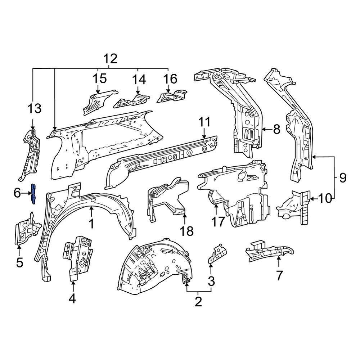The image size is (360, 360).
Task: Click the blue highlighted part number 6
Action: click(x=33, y=193)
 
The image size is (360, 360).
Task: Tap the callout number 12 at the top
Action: click(x=111, y=59)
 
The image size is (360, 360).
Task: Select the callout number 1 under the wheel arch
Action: click(x=91, y=224)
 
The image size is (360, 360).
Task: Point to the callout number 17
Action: click(x=218, y=221)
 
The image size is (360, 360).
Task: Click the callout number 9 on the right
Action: click(x=342, y=177)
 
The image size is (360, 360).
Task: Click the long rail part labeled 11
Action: click(x=162, y=158)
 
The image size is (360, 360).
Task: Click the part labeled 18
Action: click(x=167, y=200)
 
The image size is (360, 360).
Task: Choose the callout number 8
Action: click(x=276, y=129)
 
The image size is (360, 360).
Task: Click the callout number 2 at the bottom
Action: click(x=198, y=302)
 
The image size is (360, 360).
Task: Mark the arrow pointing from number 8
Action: click(x=266, y=129)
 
